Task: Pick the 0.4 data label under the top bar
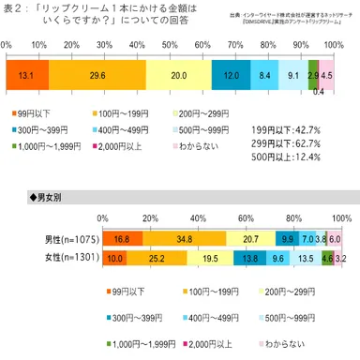[318, 93]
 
